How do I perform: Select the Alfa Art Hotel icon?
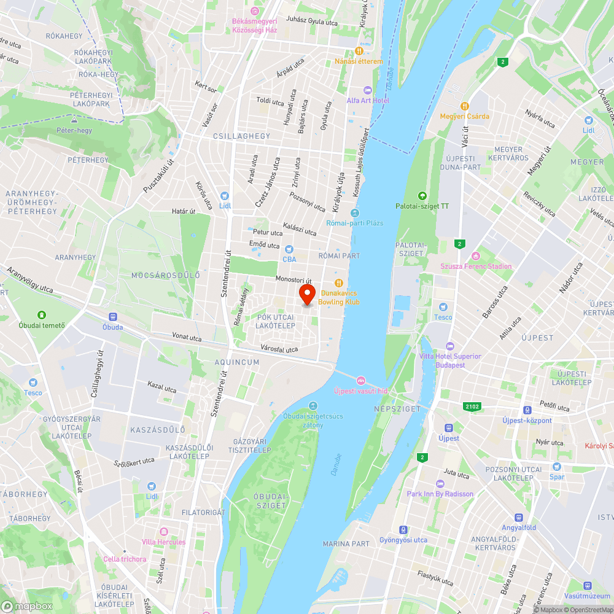368,90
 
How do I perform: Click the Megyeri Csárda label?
464,116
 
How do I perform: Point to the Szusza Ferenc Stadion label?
476,266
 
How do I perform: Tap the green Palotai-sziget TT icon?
422,196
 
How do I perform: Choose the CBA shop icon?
289,249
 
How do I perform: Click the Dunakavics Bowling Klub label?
340,298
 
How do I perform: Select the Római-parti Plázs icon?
354,213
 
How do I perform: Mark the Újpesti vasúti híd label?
361,391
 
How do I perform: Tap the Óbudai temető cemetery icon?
42,315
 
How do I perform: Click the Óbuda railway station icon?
112,317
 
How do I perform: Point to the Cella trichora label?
125,559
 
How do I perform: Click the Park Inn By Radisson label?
440,494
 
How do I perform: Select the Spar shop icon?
557,467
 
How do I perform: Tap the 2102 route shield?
472,406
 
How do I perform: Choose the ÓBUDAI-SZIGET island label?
270,501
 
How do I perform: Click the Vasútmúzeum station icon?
588,586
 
